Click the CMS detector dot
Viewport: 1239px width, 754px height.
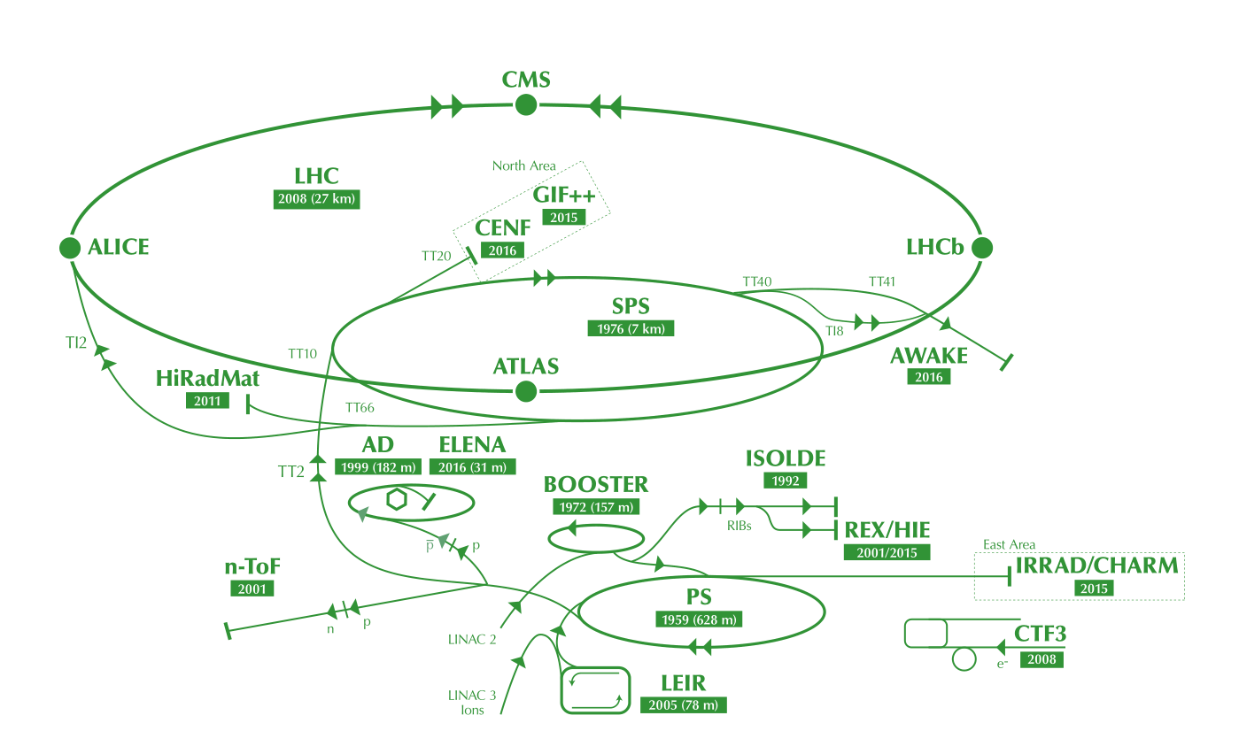(526, 105)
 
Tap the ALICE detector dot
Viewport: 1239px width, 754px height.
(70, 248)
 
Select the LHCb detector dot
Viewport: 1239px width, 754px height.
(981, 248)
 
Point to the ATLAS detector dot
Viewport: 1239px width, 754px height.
(526, 390)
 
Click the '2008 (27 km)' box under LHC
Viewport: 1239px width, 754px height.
(317, 199)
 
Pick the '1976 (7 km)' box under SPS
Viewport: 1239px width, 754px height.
(631, 328)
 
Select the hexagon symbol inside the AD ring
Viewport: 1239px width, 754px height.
(398, 499)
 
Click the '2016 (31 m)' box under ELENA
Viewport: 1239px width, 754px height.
(472, 466)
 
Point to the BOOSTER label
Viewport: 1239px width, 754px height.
(596, 484)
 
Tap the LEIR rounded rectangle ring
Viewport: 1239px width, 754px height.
(595, 689)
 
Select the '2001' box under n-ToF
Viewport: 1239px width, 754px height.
(252, 588)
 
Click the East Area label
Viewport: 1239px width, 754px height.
(1009, 544)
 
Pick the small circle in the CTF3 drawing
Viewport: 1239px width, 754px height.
(964, 659)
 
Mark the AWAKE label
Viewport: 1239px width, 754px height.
(929, 356)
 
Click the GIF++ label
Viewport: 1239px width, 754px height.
(564, 196)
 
